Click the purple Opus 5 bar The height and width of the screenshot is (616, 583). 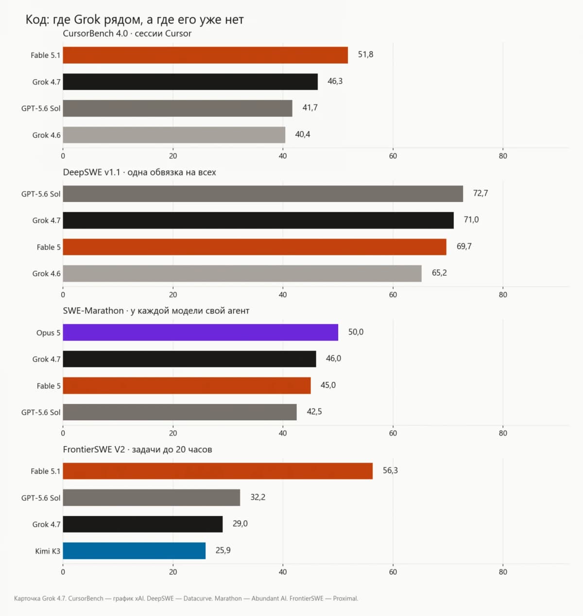[x=200, y=332]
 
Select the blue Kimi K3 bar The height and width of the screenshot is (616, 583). [x=134, y=550]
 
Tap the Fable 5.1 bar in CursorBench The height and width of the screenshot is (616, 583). [x=206, y=55]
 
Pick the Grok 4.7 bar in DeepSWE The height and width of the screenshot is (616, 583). [x=258, y=220]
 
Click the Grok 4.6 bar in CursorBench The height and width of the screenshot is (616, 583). [x=174, y=135]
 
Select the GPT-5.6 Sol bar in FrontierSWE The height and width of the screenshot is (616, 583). [x=152, y=498]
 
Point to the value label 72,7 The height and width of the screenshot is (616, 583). [x=480, y=193]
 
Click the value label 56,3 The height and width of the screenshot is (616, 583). [x=390, y=470]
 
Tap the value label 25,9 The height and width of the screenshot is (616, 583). [x=223, y=550]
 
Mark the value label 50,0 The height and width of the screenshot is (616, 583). [x=356, y=332]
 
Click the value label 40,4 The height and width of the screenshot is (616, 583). [x=303, y=134]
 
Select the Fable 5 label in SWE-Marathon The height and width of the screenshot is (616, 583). [x=49, y=386]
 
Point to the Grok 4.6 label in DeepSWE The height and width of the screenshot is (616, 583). [x=47, y=273]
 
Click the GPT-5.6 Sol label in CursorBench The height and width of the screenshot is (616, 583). [x=41, y=108]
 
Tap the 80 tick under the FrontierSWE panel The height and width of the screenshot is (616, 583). [x=503, y=572]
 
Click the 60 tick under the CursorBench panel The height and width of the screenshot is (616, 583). [x=393, y=156]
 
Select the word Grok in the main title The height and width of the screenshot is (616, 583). [x=87, y=19]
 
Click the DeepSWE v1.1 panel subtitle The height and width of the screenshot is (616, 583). [x=139, y=172]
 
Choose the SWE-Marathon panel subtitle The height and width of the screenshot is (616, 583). [x=156, y=311]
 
